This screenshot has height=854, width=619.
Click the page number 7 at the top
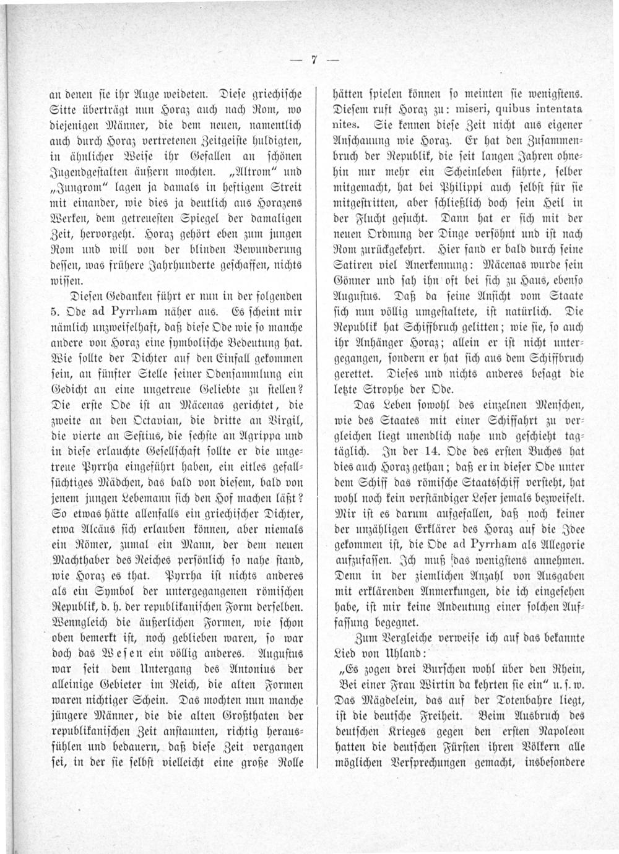point(314,60)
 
